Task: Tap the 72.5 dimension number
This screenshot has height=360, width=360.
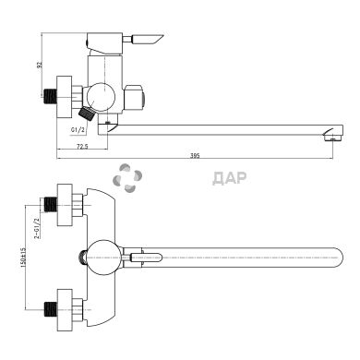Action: point(82,147)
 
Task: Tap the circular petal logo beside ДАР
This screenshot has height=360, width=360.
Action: point(126,178)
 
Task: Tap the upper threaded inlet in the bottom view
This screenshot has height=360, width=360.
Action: point(51,201)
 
